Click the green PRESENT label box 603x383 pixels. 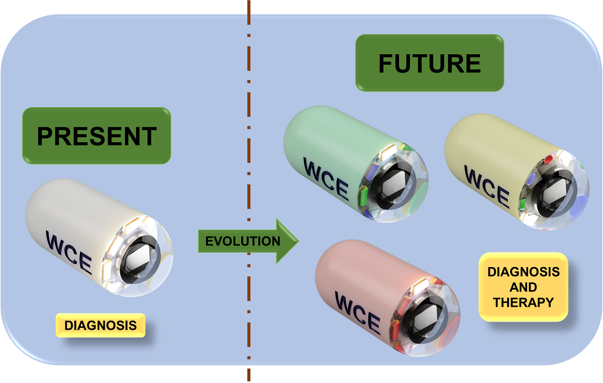(x=97, y=136)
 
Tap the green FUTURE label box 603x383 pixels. (x=430, y=63)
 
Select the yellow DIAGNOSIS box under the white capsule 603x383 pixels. (x=100, y=325)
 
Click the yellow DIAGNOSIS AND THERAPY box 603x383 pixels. (x=523, y=287)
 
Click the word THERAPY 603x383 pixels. (x=523, y=302)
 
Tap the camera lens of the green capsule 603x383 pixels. (x=395, y=186)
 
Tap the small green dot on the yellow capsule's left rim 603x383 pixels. (x=523, y=203)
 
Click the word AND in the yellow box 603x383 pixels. (x=523, y=287)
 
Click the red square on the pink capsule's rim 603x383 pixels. (x=395, y=329)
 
